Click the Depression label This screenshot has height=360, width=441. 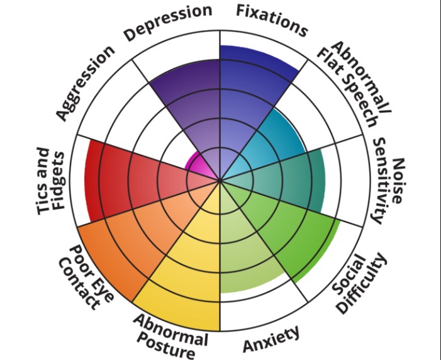pyautogui.click(x=167, y=23)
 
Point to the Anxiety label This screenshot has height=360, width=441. pyautogui.click(x=271, y=340)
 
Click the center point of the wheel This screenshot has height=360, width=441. pyautogui.click(x=220, y=181)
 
